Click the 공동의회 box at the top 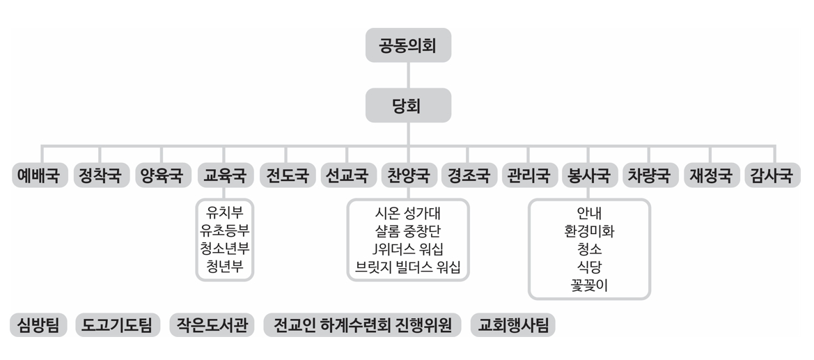point(408,45)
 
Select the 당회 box point(408,105)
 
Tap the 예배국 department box point(40,175)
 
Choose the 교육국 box point(224,175)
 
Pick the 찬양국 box point(409,175)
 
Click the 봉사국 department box point(589,175)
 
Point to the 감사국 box point(772,175)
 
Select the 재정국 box point(711,175)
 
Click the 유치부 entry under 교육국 point(224,212)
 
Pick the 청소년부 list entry point(224,249)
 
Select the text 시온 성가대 point(408,212)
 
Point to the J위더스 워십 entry point(408,249)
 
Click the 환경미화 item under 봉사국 point(589,230)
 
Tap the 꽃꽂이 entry point(589,285)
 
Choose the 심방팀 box point(38,325)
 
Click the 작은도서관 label point(212,325)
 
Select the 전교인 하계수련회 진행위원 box point(362,325)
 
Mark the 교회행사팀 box point(513,325)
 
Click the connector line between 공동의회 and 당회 point(408,75)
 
